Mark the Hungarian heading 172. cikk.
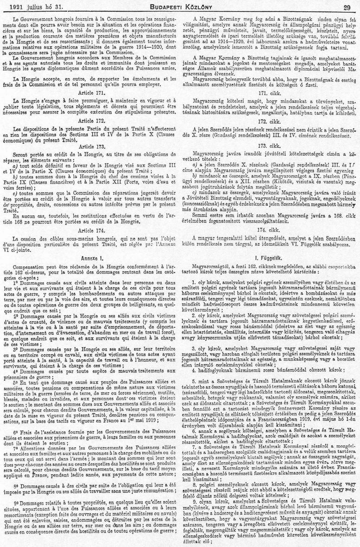tap(268, 121)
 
